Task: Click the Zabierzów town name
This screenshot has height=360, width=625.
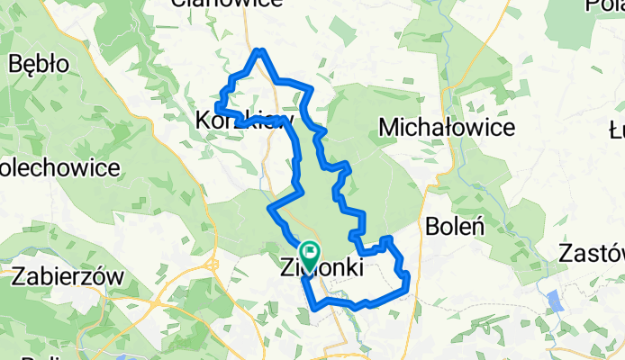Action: (x=68, y=277)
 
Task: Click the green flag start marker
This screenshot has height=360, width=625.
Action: (x=310, y=253)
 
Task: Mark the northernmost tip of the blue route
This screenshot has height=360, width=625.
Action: (x=259, y=51)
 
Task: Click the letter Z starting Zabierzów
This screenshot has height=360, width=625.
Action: (x=18, y=277)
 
